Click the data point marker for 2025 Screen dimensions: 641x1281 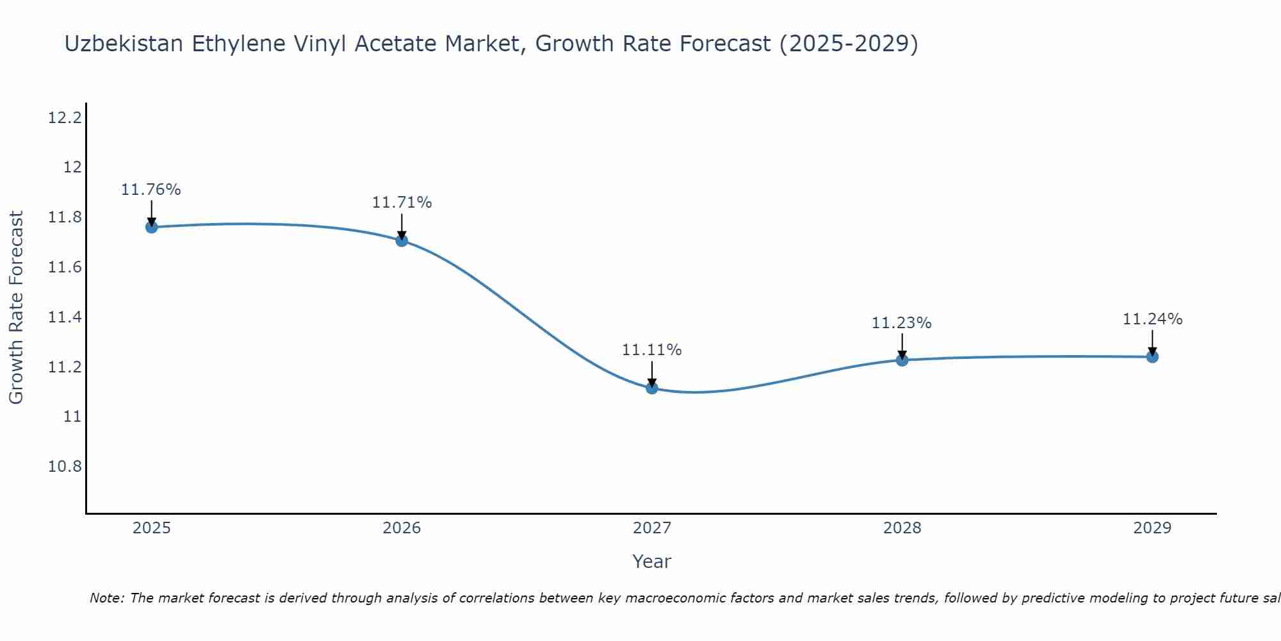click(x=151, y=227)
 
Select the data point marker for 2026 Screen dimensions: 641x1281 click(x=402, y=240)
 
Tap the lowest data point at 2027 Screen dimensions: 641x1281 click(x=652, y=388)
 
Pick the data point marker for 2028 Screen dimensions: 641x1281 click(x=902, y=360)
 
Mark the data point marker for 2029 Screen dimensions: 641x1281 click(x=1152, y=356)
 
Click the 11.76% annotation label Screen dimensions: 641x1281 click(x=151, y=190)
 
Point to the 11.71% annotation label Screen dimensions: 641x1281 click(x=402, y=203)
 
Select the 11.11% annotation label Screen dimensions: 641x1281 click(x=652, y=350)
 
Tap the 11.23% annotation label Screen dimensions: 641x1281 click(x=902, y=323)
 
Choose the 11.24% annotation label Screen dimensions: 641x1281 click(x=1152, y=319)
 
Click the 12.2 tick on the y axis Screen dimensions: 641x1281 click(x=65, y=118)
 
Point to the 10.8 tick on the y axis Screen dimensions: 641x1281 click(x=65, y=467)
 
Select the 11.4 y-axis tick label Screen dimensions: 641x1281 click(x=65, y=317)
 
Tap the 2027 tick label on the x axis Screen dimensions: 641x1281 click(x=652, y=528)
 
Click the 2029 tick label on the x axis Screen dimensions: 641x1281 click(x=1152, y=528)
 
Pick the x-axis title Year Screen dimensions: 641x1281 click(x=652, y=562)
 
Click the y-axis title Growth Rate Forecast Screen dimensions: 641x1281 click(x=16, y=308)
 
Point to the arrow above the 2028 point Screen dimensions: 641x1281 click(x=902, y=346)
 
